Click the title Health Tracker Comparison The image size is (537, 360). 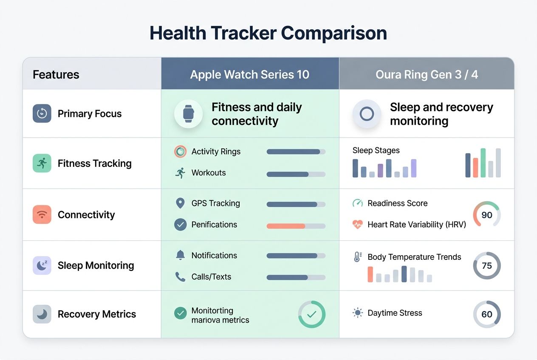(268, 33)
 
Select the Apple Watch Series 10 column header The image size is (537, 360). (250, 75)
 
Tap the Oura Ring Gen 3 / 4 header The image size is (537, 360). (427, 75)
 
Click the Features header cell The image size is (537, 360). (56, 75)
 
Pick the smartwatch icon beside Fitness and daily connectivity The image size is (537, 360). (188, 114)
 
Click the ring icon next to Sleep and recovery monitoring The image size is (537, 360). (367, 114)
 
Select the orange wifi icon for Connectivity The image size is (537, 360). (42, 214)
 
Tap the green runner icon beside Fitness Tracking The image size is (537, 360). (42, 163)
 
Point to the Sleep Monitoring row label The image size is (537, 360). (96, 265)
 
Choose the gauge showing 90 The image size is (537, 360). (487, 215)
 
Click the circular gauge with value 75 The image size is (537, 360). (487, 266)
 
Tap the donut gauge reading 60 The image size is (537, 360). (487, 314)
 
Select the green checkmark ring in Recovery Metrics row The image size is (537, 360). (311, 314)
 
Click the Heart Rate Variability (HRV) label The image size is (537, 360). (416, 225)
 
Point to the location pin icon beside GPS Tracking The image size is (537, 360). (180, 203)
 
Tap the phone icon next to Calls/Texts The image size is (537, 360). (180, 277)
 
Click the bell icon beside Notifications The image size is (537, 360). (180, 255)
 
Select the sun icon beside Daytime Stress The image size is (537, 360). (358, 313)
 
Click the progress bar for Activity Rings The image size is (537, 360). (296, 152)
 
